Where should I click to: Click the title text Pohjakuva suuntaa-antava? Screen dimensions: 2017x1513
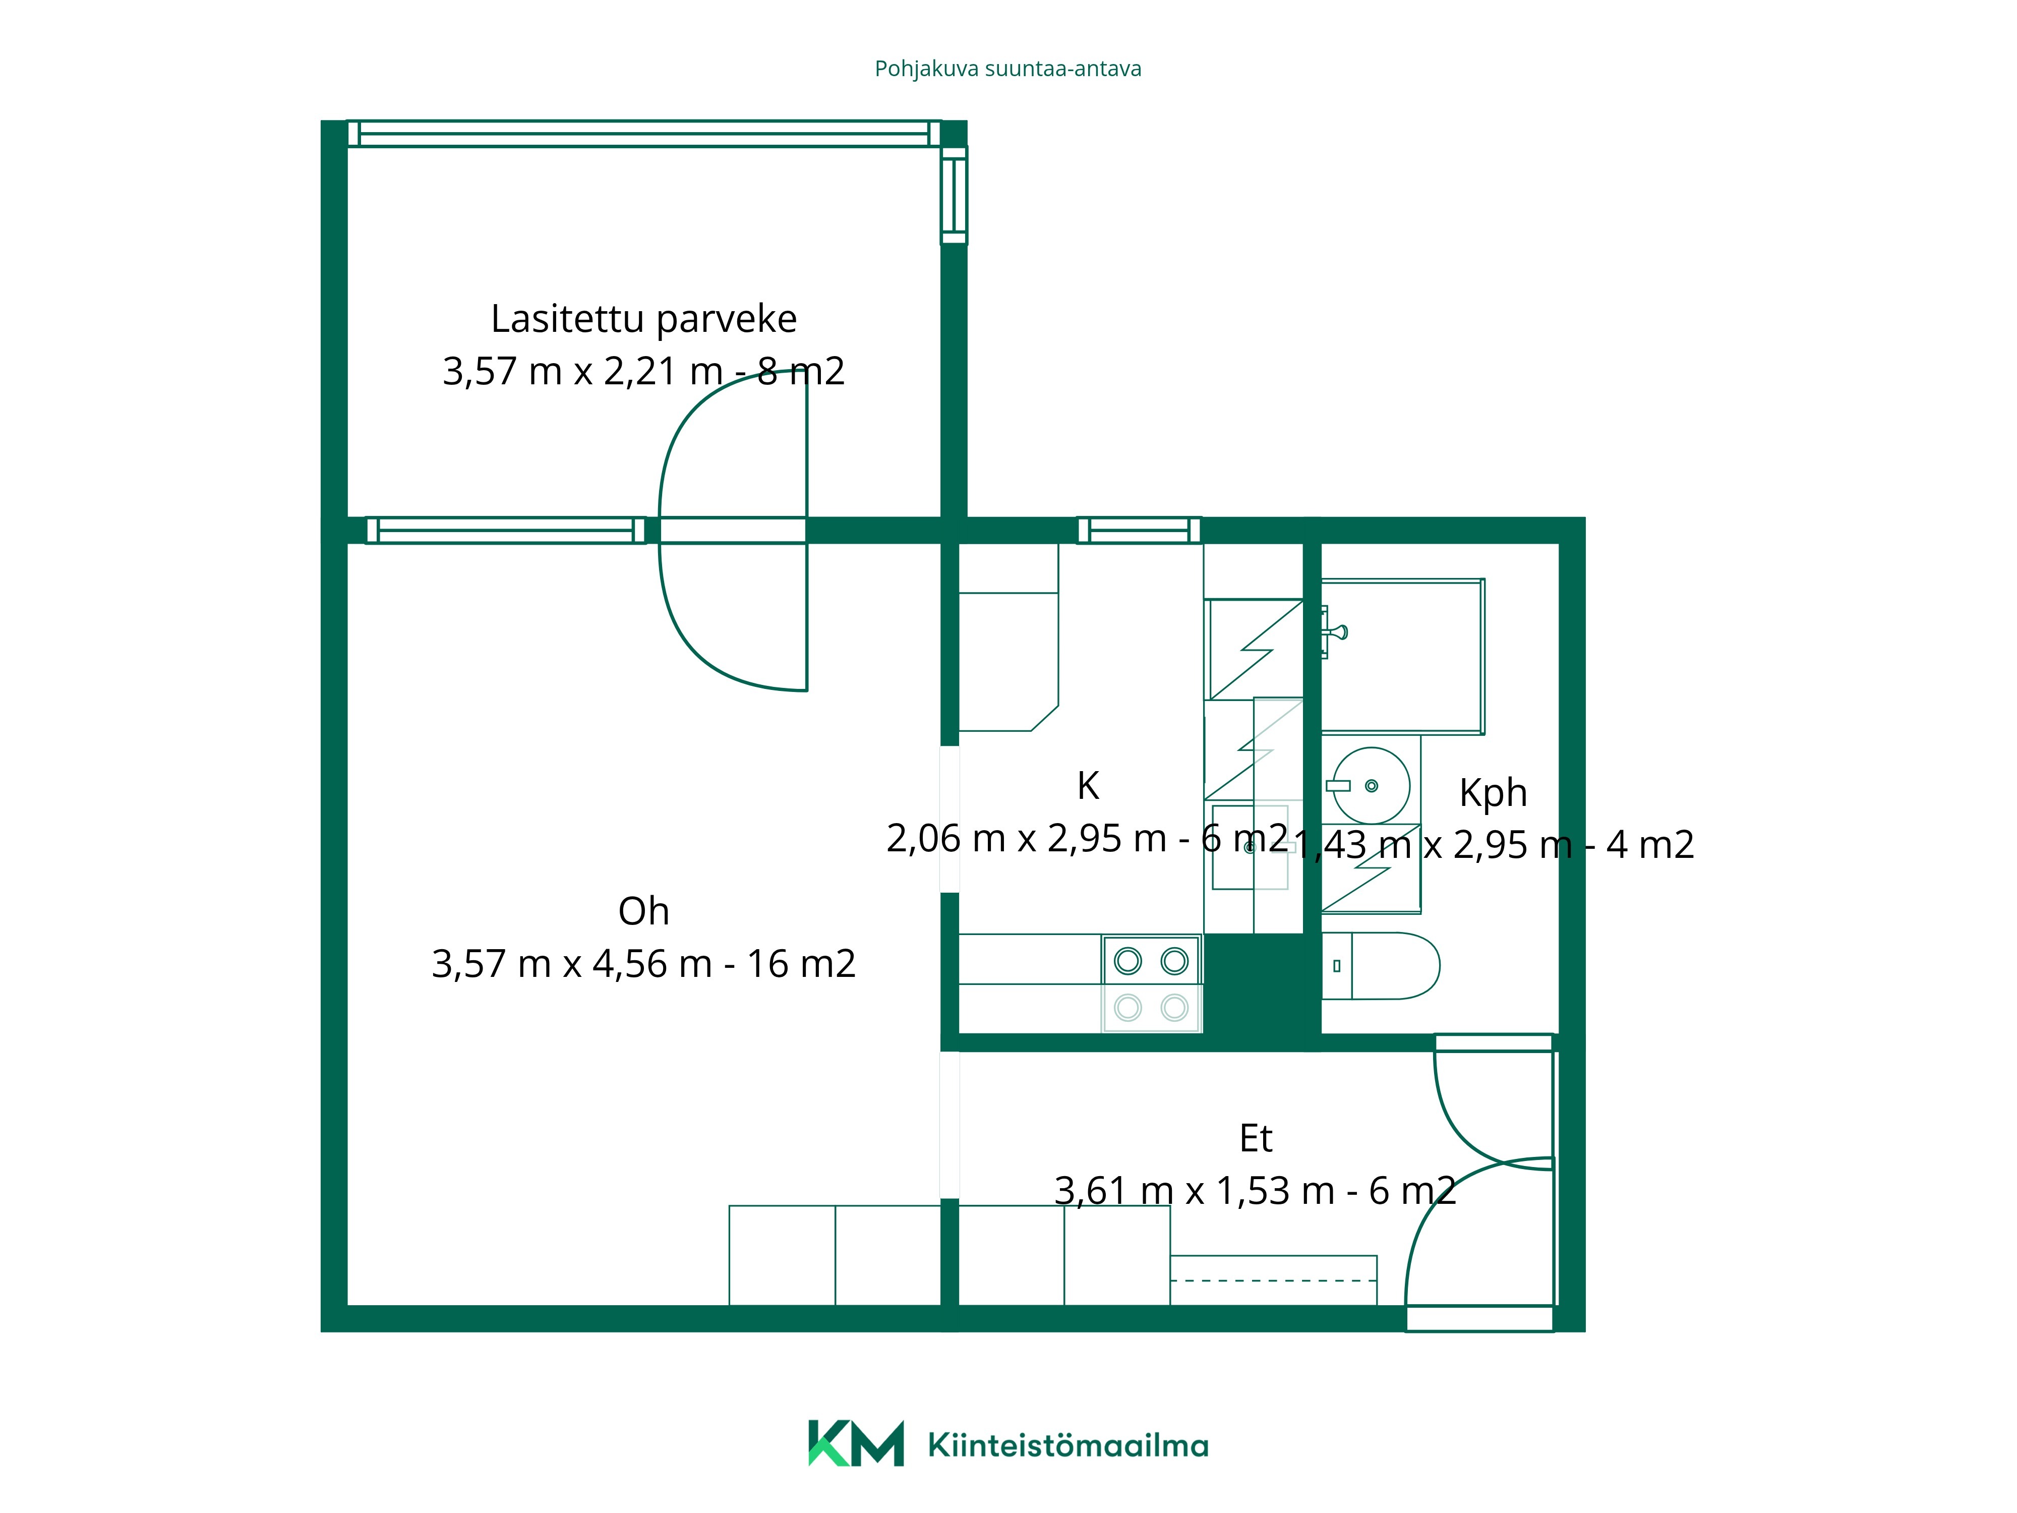(x=1007, y=69)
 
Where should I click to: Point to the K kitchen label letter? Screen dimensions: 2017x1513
(x=1088, y=785)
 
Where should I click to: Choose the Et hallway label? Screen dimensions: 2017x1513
(x=1256, y=1138)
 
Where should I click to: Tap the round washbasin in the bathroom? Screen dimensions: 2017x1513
(x=1371, y=785)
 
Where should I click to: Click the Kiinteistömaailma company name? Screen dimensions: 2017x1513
(x=1068, y=1445)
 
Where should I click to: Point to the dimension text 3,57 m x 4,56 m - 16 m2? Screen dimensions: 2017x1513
(x=644, y=964)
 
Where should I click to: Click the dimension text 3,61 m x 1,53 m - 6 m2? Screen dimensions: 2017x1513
(x=1256, y=1191)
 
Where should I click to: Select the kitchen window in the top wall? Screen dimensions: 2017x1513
(x=1139, y=530)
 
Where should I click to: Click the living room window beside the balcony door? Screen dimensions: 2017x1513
(x=506, y=530)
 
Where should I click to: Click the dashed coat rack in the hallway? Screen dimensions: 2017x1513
(x=1274, y=1281)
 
